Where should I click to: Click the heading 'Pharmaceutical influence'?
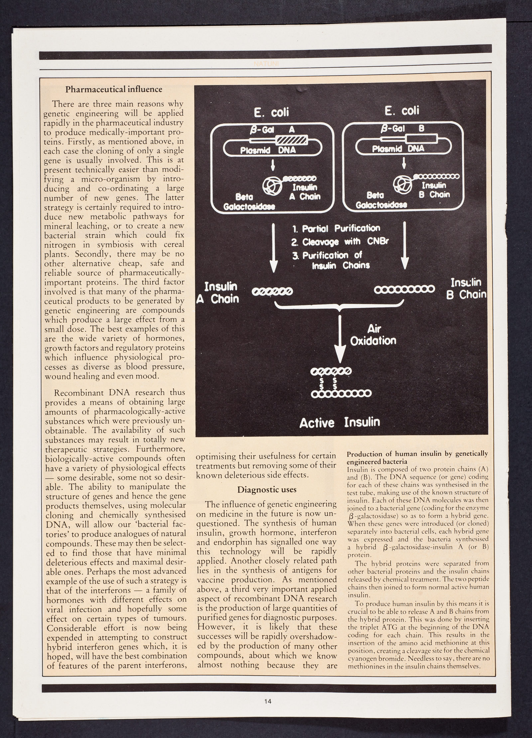[114, 89]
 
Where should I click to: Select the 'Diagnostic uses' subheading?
[266, 490]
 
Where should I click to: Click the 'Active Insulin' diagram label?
[339, 423]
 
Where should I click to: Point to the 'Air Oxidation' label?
[373, 335]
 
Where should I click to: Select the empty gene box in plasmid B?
[421, 140]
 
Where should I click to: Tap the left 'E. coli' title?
[272, 113]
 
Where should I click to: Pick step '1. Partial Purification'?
[336, 228]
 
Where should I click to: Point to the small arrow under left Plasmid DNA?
[273, 165]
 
